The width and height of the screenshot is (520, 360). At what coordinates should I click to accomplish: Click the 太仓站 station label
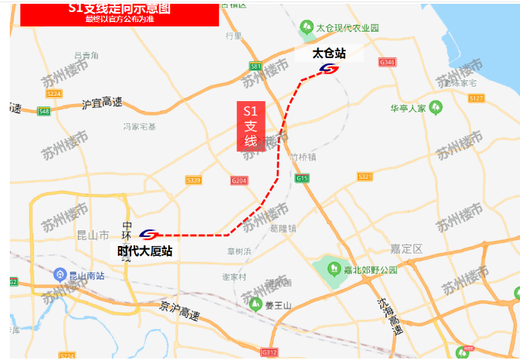[x=329, y=54]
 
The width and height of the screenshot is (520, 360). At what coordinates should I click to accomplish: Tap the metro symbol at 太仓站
[x=329, y=69]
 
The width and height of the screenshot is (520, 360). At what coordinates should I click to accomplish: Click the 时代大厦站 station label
[x=145, y=251]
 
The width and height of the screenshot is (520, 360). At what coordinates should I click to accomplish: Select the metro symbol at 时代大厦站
[x=149, y=235]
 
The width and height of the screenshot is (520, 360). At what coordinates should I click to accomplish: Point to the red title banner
[x=119, y=14]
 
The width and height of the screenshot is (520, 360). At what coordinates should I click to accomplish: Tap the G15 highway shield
[x=303, y=178]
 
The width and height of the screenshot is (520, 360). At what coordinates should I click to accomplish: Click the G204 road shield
[x=239, y=181]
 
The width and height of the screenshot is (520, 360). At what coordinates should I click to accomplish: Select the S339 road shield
[x=193, y=180]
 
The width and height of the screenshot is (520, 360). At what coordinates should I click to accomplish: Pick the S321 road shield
[x=365, y=177]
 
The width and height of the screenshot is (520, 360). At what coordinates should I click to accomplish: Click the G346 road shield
[x=388, y=62]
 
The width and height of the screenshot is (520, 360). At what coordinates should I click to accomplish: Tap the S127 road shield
[x=475, y=98]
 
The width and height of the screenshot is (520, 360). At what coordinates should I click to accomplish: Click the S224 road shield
[x=54, y=94]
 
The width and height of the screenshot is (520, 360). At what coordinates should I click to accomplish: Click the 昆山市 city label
[x=93, y=235]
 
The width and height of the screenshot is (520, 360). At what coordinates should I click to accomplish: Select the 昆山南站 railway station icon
[x=59, y=275]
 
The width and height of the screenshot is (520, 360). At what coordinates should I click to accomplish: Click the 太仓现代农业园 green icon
[x=306, y=27]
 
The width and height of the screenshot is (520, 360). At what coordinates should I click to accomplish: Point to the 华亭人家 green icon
[x=436, y=108]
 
